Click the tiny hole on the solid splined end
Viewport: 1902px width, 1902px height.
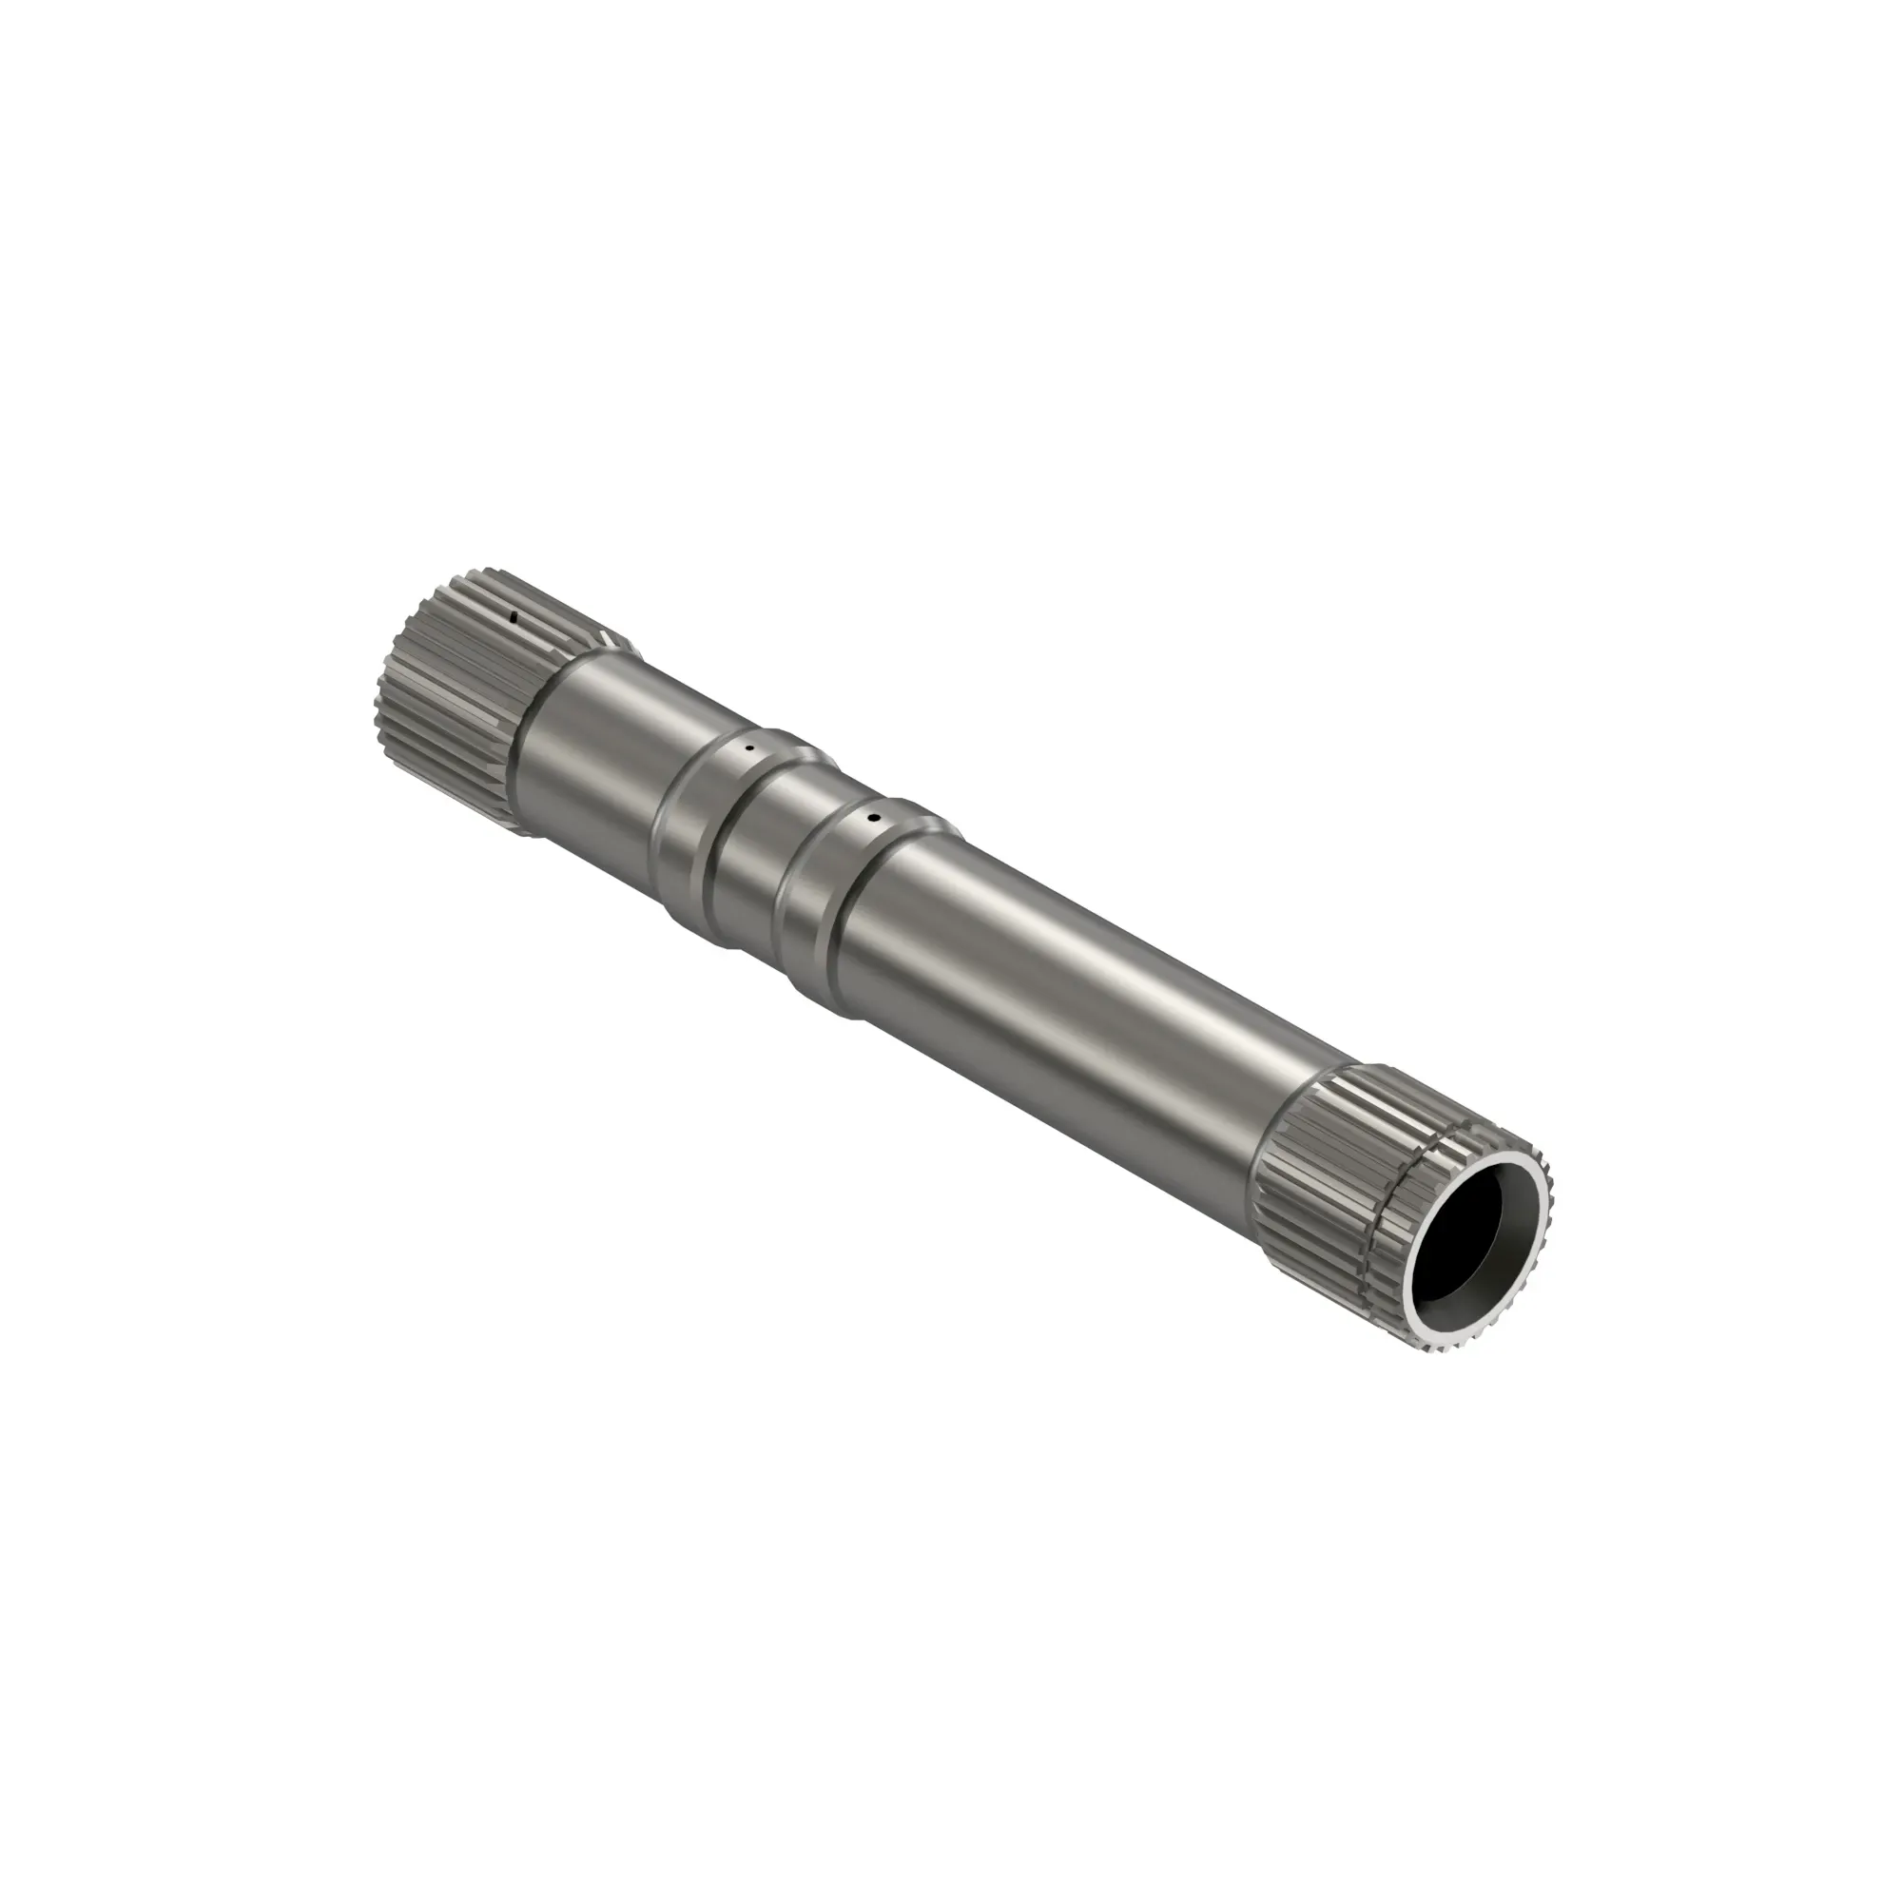tap(513, 617)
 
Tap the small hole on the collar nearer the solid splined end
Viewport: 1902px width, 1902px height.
tap(749, 748)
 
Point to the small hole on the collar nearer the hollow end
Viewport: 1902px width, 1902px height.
tap(872, 817)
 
